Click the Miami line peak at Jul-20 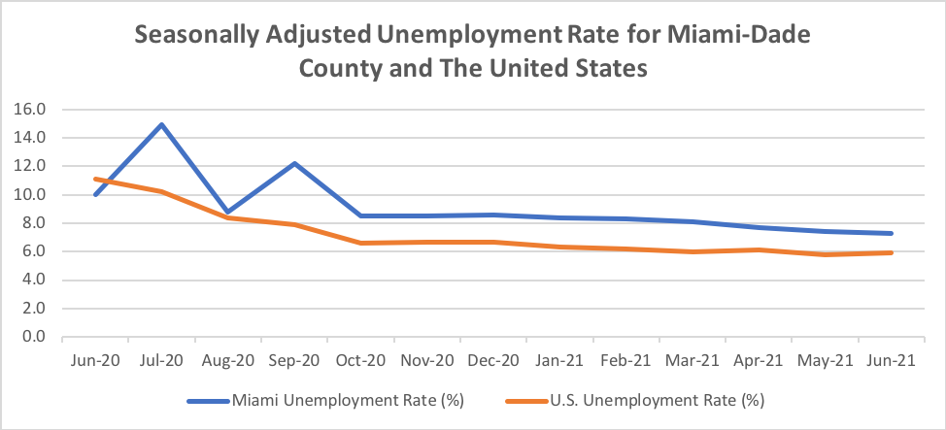[161, 124]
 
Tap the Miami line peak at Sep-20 [294, 163]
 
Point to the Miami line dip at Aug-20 [227, 212]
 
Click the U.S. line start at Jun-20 [95, 179]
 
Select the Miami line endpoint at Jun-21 [892, 233]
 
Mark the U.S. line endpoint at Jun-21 [892, 252]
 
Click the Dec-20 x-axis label [492, 360]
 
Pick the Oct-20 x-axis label [360, 360]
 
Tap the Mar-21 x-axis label [693, 360]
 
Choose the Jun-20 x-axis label [95, 360]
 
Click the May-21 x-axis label [825, 360]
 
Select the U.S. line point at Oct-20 [360, 243]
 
